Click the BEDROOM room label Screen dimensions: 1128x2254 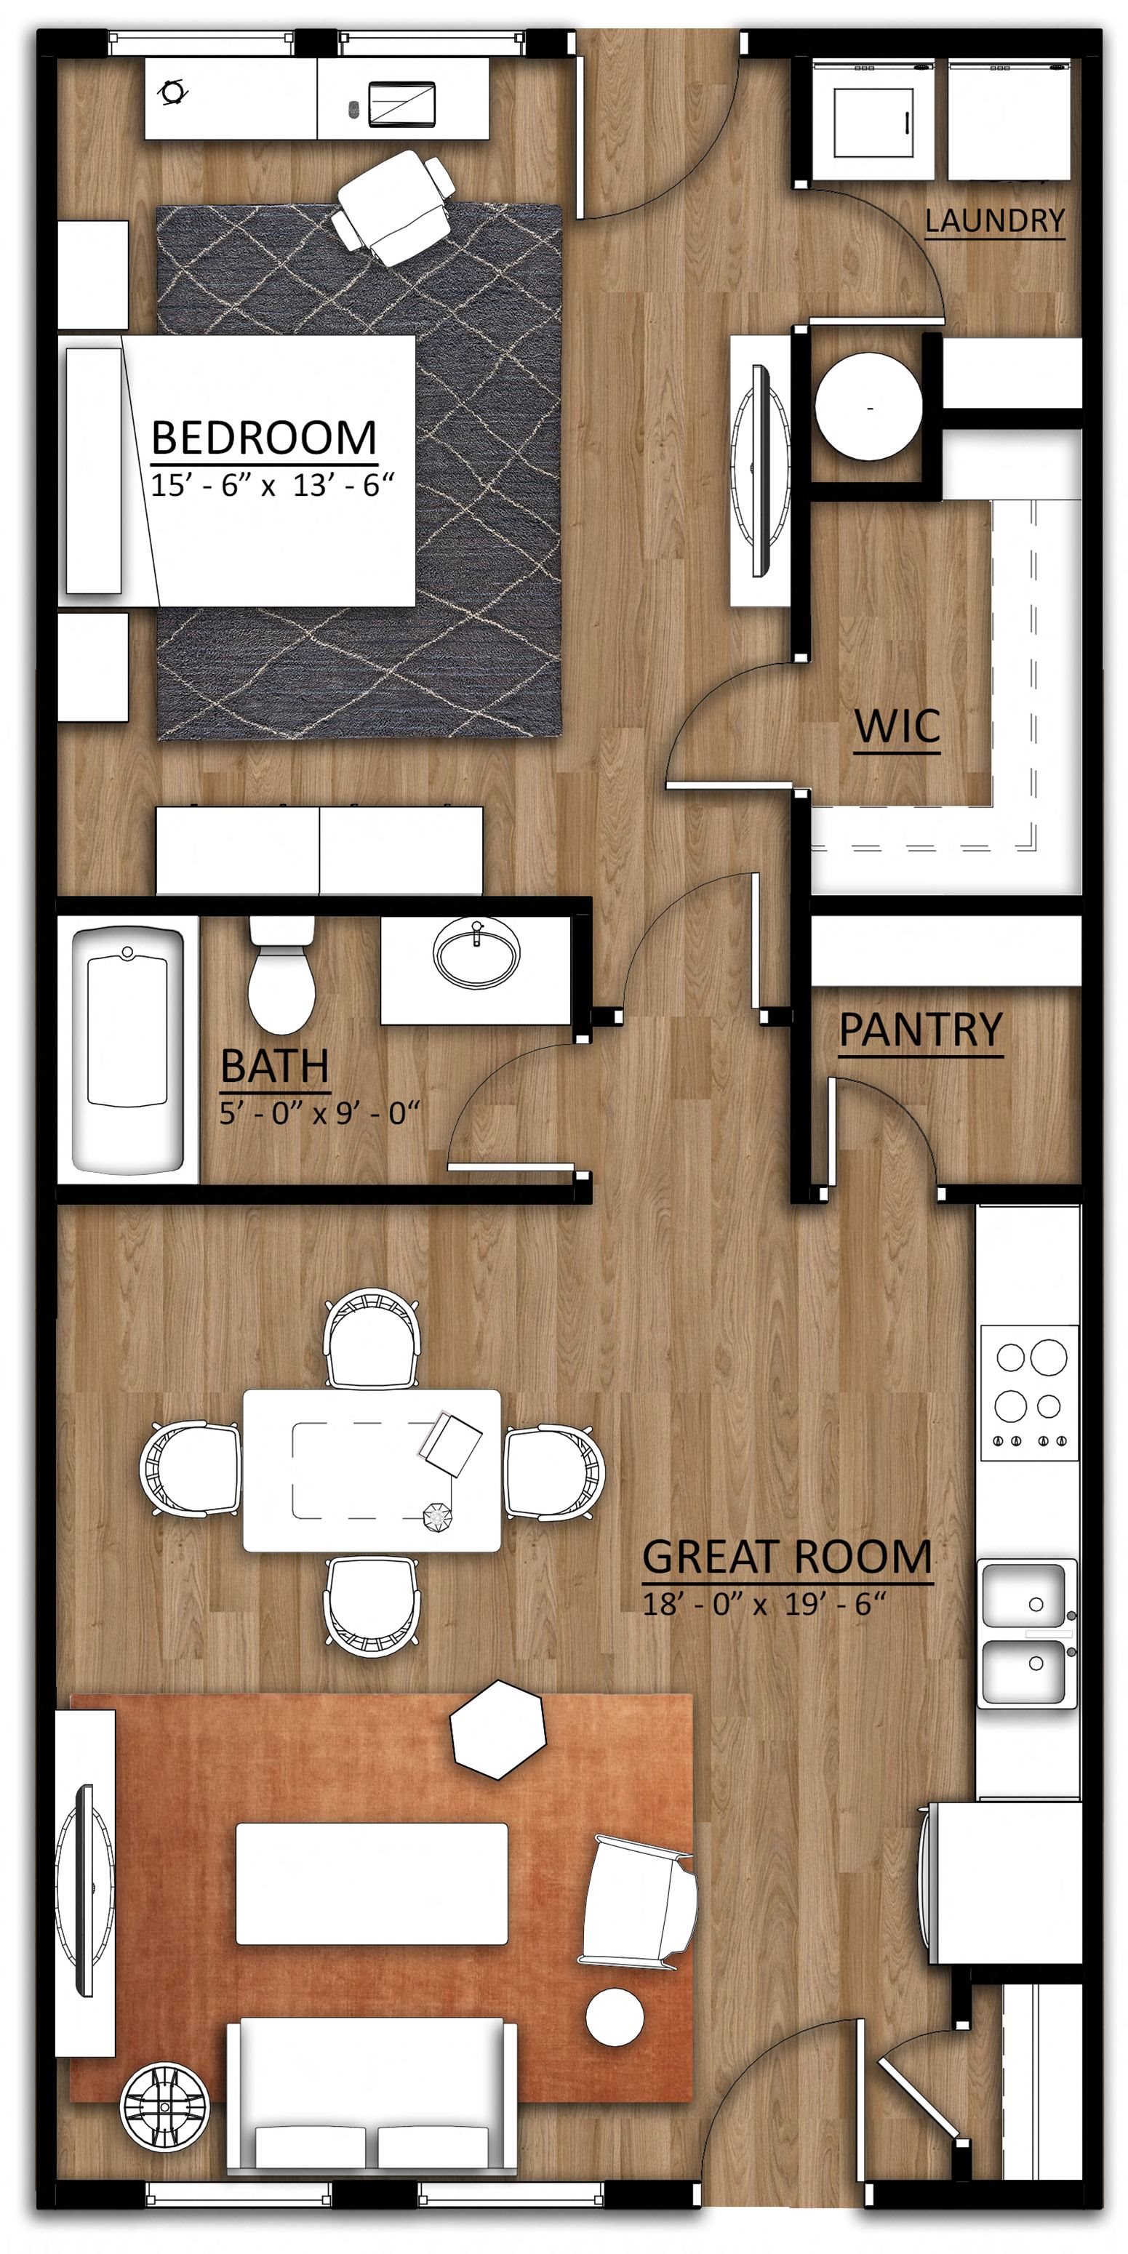click(264, 438)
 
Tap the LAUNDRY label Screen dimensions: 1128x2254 click(995, 220)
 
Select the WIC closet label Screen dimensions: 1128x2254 click(897, 726)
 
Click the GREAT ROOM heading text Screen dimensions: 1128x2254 click(788, 1557)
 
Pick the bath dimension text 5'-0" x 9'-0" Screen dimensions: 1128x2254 click(319, 1113)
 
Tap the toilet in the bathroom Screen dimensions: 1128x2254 click(281, 974)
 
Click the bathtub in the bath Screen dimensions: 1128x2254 click(128, 1050)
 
